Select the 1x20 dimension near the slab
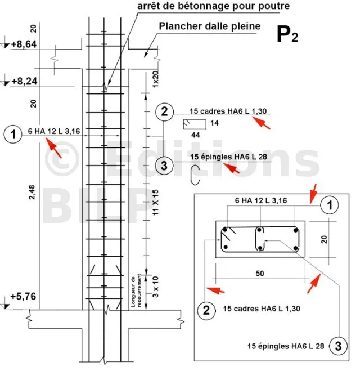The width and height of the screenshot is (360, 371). [148, 77]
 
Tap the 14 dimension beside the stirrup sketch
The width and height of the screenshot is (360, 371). [215, 122]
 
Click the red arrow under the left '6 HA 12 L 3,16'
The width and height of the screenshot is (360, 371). [54, 148]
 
